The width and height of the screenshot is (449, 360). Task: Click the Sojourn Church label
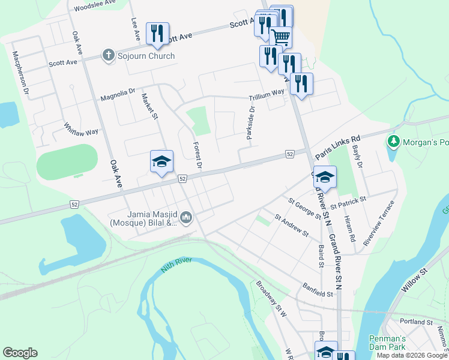point(146,56)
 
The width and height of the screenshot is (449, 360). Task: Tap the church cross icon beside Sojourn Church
point(109,56)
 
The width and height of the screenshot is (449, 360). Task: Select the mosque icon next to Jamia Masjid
point(185,217)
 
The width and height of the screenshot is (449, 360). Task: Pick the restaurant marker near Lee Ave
point(157,33)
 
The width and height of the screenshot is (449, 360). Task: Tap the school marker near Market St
point(161,161)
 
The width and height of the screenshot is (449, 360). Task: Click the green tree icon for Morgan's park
point(394,142)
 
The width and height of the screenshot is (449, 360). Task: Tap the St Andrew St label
point(291,226)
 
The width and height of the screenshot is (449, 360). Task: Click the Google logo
point(20,353)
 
